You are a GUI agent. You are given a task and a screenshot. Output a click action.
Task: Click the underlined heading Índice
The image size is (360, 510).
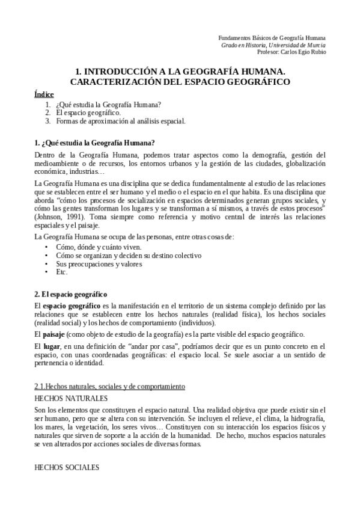[x=44, y=94]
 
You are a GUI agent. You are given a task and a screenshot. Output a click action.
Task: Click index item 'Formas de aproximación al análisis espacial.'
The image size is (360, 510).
[x=121, y=121]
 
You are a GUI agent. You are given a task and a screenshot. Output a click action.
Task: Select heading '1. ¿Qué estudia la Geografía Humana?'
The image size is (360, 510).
[x=94, y=143]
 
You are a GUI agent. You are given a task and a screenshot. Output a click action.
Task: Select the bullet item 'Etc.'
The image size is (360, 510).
[x=62, y=272]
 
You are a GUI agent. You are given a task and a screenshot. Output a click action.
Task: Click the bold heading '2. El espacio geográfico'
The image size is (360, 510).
[x=71, y=294]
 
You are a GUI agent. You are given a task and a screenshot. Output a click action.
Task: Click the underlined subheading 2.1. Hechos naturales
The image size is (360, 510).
[x=110, y=386]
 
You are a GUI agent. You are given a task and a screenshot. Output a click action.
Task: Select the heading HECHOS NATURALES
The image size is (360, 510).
[x=71, y=398]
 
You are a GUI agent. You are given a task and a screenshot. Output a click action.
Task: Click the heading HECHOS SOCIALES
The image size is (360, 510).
[x=66, y=467]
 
